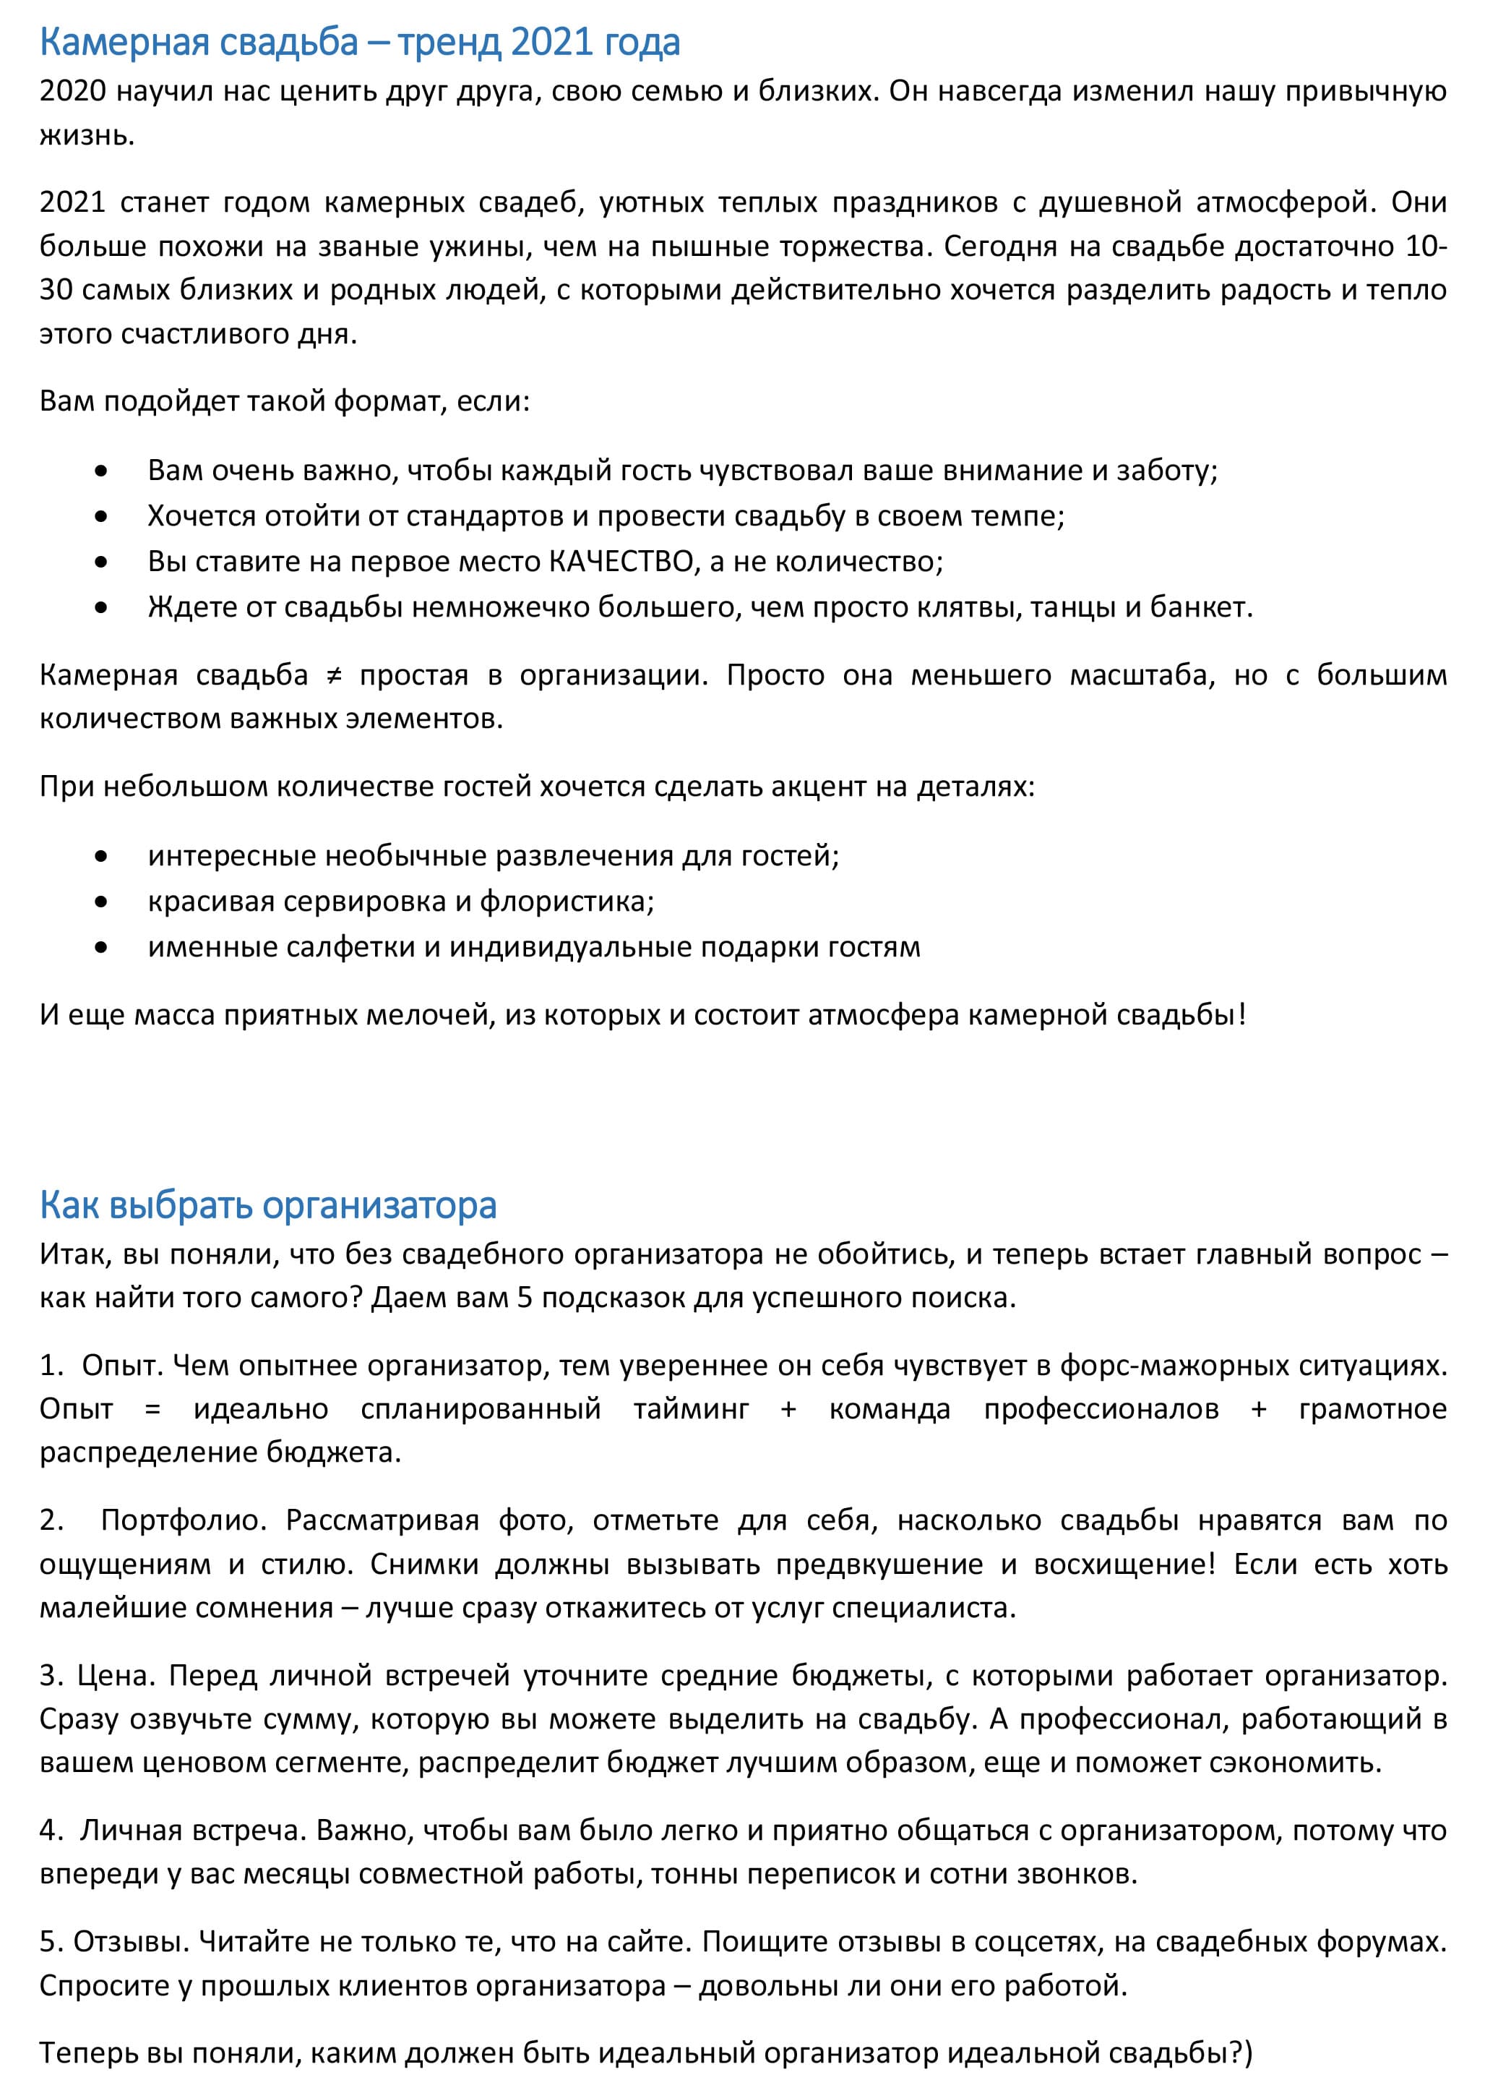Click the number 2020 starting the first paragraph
[x=72, y=91]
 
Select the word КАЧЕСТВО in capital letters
[x=621, y=561]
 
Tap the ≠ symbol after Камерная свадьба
[x=334, y=675]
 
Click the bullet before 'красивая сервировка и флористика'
[x=101, y=902]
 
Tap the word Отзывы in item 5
[x=130, y=1941]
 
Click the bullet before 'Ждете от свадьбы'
[x=101, y=607]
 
